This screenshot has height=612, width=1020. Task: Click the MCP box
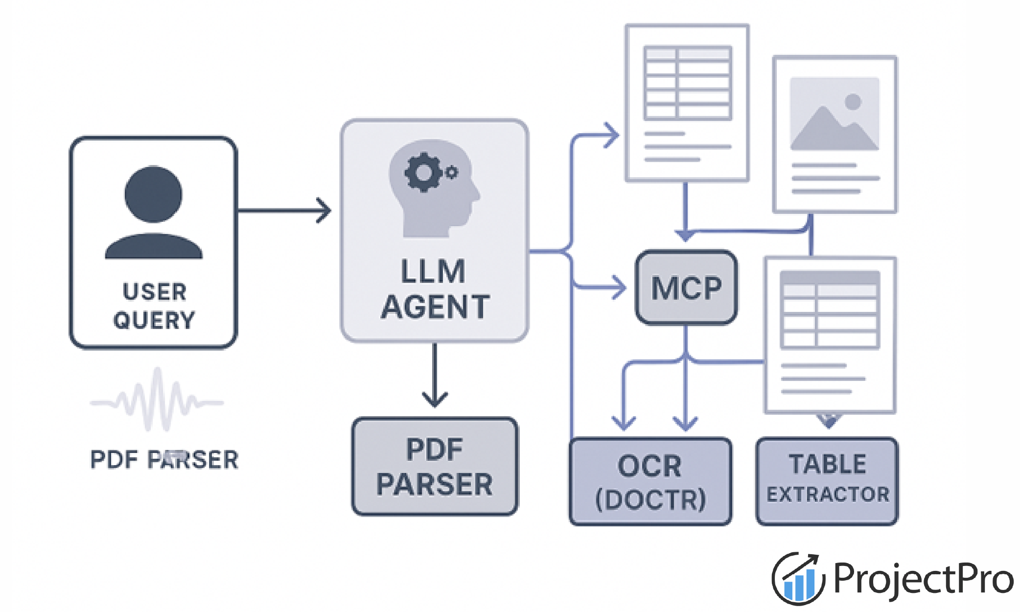pyautogui.click(x=686, y=287)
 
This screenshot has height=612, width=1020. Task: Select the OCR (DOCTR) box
pyautogui.click(x=650, y=482)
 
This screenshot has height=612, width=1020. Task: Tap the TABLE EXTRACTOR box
pyautogui.click(x=827, y=482)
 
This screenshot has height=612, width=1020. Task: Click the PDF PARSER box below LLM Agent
pyautogui.click(x=435, y=467)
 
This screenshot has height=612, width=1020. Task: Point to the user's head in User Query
pyautogui.click(x=153, y=194)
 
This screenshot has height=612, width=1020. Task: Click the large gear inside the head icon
pyautogui.click(x=423, y=172)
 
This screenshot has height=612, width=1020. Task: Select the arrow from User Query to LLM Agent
pyautogui.click(x=284, y=211)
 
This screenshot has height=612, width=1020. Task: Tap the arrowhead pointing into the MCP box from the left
pyautogui.click(x=619, y=287)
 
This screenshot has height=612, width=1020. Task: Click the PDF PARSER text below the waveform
pyautogui.click(x=164, y=460)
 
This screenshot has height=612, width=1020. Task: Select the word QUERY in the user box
pyautogui.click(x=154, y=320)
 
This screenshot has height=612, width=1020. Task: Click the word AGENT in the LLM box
pyautogui.click(x=435, y=307)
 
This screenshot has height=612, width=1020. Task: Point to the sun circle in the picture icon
pyautogui.click(x=853, y=102)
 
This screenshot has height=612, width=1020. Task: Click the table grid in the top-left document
pyautogui.click(x=688, y=83)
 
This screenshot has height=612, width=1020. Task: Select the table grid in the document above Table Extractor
pyautogui.click(x=830, y=310)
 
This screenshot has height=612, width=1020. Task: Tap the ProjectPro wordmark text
pyautogui.click(x=923, y=579)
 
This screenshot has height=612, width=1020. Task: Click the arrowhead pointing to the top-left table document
pyautogui.click(x=612, y=135)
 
